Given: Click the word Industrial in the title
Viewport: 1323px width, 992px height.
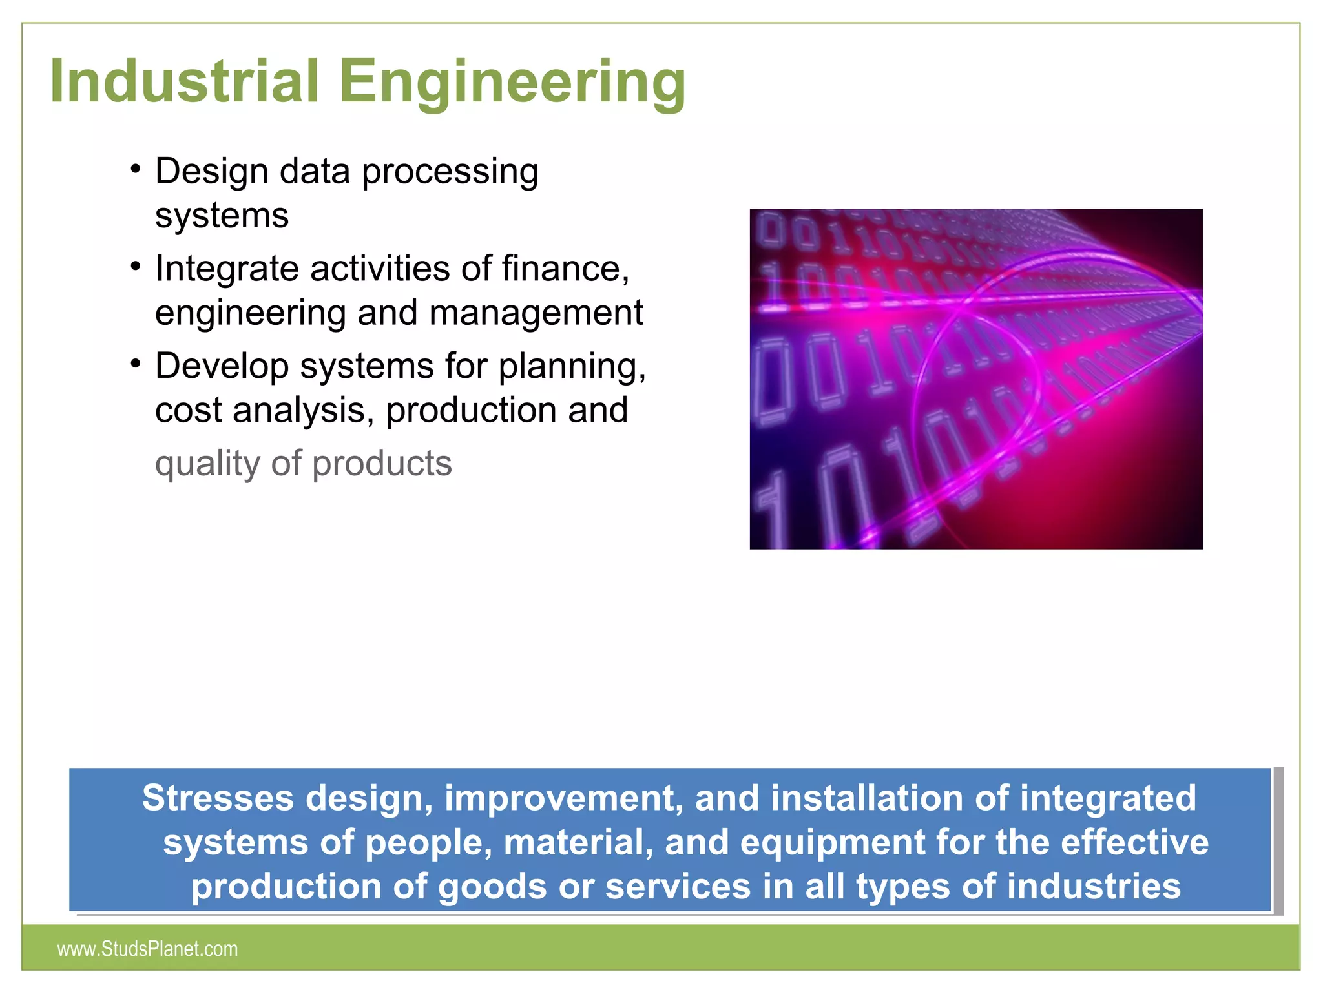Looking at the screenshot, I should click(184, 81).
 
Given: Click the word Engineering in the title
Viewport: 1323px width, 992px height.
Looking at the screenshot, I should click(512, 83).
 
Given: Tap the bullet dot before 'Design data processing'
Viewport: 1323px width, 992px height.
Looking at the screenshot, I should click(135, 170).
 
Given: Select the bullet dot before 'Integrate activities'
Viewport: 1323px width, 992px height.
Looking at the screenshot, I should click(135, 266).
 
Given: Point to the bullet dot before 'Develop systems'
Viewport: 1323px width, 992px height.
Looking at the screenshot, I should click(135, 364).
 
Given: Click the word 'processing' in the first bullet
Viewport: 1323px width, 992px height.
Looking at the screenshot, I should click(450, 172).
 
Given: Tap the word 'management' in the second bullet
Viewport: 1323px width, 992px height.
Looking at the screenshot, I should click(536, 313).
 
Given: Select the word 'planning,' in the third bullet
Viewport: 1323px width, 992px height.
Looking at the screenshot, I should click(572, 366).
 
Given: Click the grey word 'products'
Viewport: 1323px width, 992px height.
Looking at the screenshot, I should click(382, 464).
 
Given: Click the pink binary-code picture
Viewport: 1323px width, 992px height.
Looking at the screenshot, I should click(975, 379).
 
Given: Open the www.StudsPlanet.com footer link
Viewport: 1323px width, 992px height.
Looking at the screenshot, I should click(147, 949).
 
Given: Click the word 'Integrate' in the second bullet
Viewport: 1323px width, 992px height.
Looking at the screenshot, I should click(227, 269).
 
